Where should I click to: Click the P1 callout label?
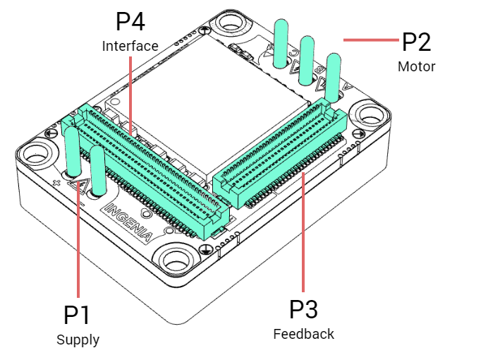pyautogui.click(x=78, y=315)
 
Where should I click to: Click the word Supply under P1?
pyautogui.click(x=78, y=340)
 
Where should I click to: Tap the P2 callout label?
pyautogui.click(x=416, y=42)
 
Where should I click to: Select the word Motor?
pyautogui.click(x=416, y=67)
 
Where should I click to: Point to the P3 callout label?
pyautogui.click(x=303, y=309)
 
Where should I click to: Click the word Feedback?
pyautogui.click(x=303, y=334)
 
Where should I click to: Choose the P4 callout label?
pyautogui.click(x=130, y=21)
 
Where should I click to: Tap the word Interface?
pyautogui.click(x=130, y=47)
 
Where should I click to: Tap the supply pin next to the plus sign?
pyautogui.click(x=72, y=152)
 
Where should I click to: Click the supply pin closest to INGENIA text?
pyautogui.click(x=97, y=169)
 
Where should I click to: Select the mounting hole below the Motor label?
pyautogui.click(x=368, y=114)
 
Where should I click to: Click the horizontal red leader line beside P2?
pyautogui.click(x=370, y=41)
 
